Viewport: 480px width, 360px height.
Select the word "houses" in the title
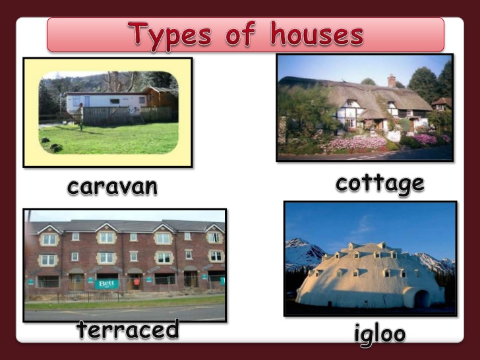click(x=317, y=34)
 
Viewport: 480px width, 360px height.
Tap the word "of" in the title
click(x=240, y=34)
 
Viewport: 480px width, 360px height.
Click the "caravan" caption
click(x=112, y=187)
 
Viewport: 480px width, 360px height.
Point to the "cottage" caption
click(x=380, y=185)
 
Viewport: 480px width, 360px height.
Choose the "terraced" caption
click(x=128, y=330)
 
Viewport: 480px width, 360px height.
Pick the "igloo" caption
click(x=380, y=334)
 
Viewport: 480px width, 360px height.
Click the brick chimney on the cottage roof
click(x=392, y=81)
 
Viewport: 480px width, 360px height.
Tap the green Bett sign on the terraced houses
click(x=107, y=284)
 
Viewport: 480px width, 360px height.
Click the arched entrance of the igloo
click(x=422, y=299)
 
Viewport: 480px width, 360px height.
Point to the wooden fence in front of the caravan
click(x=127, y=115)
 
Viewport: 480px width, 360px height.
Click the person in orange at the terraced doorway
click(x=136, y=283)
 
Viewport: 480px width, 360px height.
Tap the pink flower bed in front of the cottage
click(x=357, y=143)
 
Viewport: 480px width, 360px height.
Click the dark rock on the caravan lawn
click(x=56, y=148)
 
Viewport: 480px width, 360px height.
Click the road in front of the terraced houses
click(x=125, y=313)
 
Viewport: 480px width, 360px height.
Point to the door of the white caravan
click(x=87, y=102)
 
